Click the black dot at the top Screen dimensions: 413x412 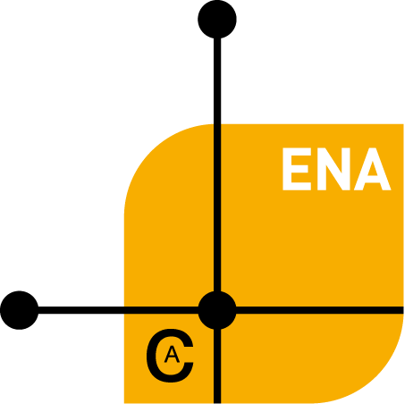(x=217, y=19)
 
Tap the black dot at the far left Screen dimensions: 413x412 (x=20, y=310)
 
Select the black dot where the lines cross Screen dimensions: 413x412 (x=217, y=310)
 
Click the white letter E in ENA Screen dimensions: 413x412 (x=297, y=169)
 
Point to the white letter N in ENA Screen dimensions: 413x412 (x=333, y=169)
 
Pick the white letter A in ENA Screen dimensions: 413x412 (x=373, y=169)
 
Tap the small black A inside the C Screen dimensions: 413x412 (x=172, y=355)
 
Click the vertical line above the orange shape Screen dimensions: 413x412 (x=217, y=81)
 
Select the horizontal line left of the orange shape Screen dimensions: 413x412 (x=81, y=310)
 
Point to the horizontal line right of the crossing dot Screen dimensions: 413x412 (x=320, y=310)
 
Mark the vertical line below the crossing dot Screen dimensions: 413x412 (x=217, y=366)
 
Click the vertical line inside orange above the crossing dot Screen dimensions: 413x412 (x=217, y=207)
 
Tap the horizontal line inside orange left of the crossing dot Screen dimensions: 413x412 (x=161, y=310)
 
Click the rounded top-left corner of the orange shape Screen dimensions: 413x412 (x=150, y=150)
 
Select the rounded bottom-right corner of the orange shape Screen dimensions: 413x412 (x=377, y=377)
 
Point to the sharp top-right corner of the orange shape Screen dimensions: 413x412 (x=403, y=124)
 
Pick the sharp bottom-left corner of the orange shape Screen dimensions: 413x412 (x=124, y=403)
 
